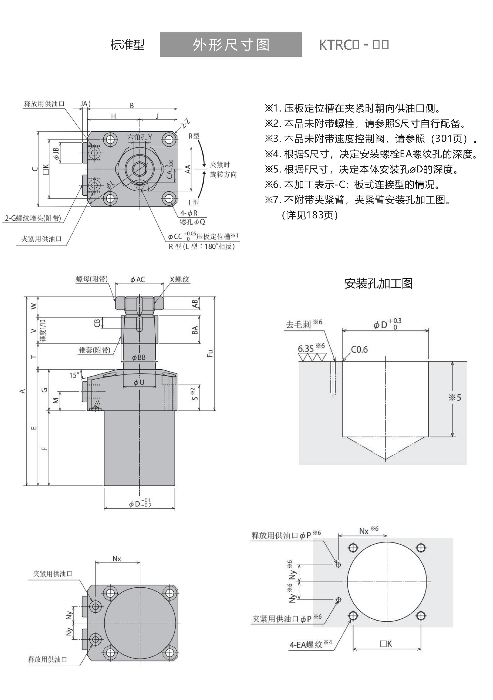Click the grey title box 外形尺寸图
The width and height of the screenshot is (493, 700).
[231, 44]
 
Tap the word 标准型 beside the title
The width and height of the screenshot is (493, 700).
[127, 45]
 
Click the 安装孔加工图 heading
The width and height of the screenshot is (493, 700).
[378, 283]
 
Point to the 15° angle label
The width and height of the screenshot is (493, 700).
[74, 375]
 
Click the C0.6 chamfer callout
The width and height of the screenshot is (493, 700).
[359, 349]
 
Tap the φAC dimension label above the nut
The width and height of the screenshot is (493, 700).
[138, 280]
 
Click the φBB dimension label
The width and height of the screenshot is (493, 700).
[139, 357]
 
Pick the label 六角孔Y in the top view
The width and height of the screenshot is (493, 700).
[139, 137]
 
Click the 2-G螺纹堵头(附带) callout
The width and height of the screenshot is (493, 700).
[33, 218]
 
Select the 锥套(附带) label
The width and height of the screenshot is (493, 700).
[95, 350]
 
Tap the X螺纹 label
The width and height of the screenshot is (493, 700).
[179, 279]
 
